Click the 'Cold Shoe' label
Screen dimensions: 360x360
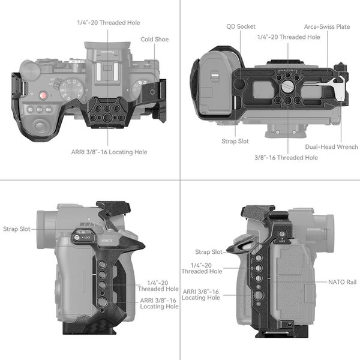pyautogui.click(x=154, y=40)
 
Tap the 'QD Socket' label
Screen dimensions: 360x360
pyautogui.click(x=241, y=26)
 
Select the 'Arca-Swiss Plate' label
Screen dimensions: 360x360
pyautogui.click(x=327, y=26)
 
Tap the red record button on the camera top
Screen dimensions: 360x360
pyautogui.click(x=44, y=96)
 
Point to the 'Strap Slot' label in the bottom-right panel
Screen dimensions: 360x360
pyautogui.click(x=208, y=252)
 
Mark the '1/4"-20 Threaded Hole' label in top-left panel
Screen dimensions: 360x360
pyautogui.click(x=109, y=23)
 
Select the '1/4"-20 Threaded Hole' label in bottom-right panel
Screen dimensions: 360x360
pyautogui.click(x=202, y=268)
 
